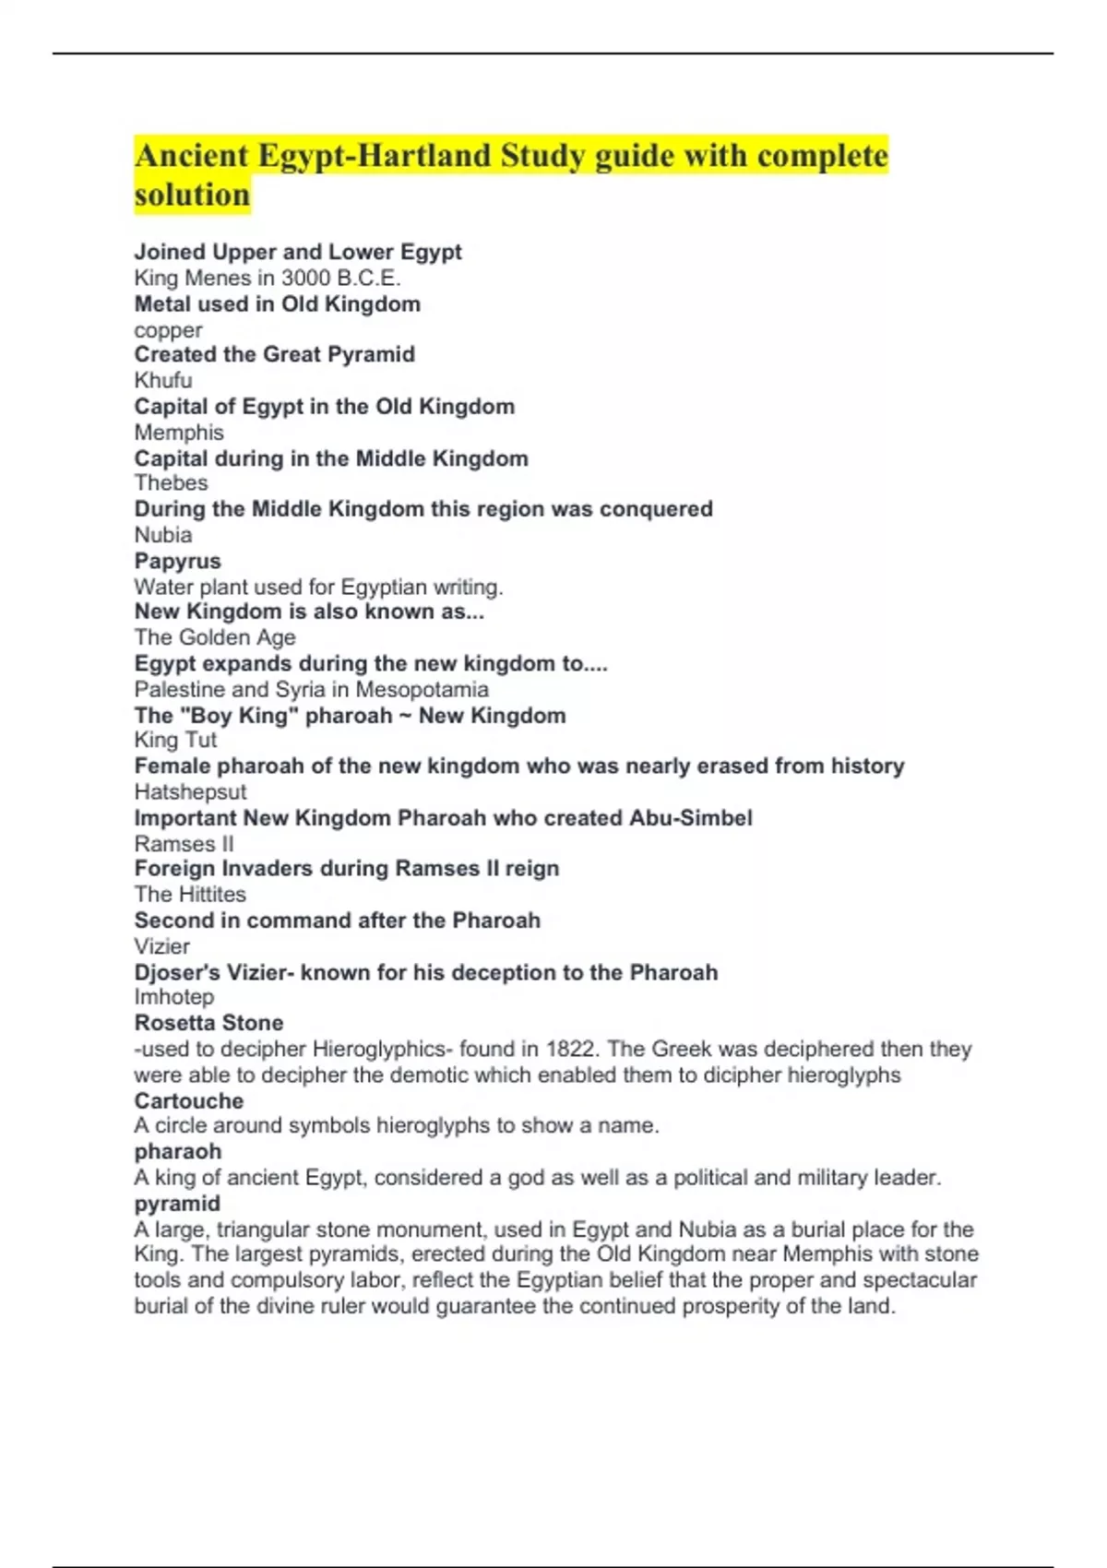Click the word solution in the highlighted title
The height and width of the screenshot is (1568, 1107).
click(x=192, y=196)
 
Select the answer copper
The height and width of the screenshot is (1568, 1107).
click(x=168, y=330)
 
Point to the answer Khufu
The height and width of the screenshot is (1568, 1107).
click(x=163, y=380)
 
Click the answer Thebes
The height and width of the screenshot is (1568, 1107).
click(x=171, y=482)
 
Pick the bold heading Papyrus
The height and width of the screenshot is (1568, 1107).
click(x=177, y=561)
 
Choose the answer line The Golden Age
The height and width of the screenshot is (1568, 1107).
click(x=215, y=637)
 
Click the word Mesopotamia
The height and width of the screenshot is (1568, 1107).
click(x=422, y=689)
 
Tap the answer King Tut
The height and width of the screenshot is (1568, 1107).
click(x=175, y=740)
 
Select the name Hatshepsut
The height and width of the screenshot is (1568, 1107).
click(x=190, y=791)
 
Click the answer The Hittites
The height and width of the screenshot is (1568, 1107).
click(x=190, y=894)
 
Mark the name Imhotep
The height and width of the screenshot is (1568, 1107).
click(x=173, y=997)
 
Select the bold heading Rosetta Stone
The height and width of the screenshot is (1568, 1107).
click(x=208, y=1023)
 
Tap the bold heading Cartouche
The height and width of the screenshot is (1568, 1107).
click(x=189, y=1101)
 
